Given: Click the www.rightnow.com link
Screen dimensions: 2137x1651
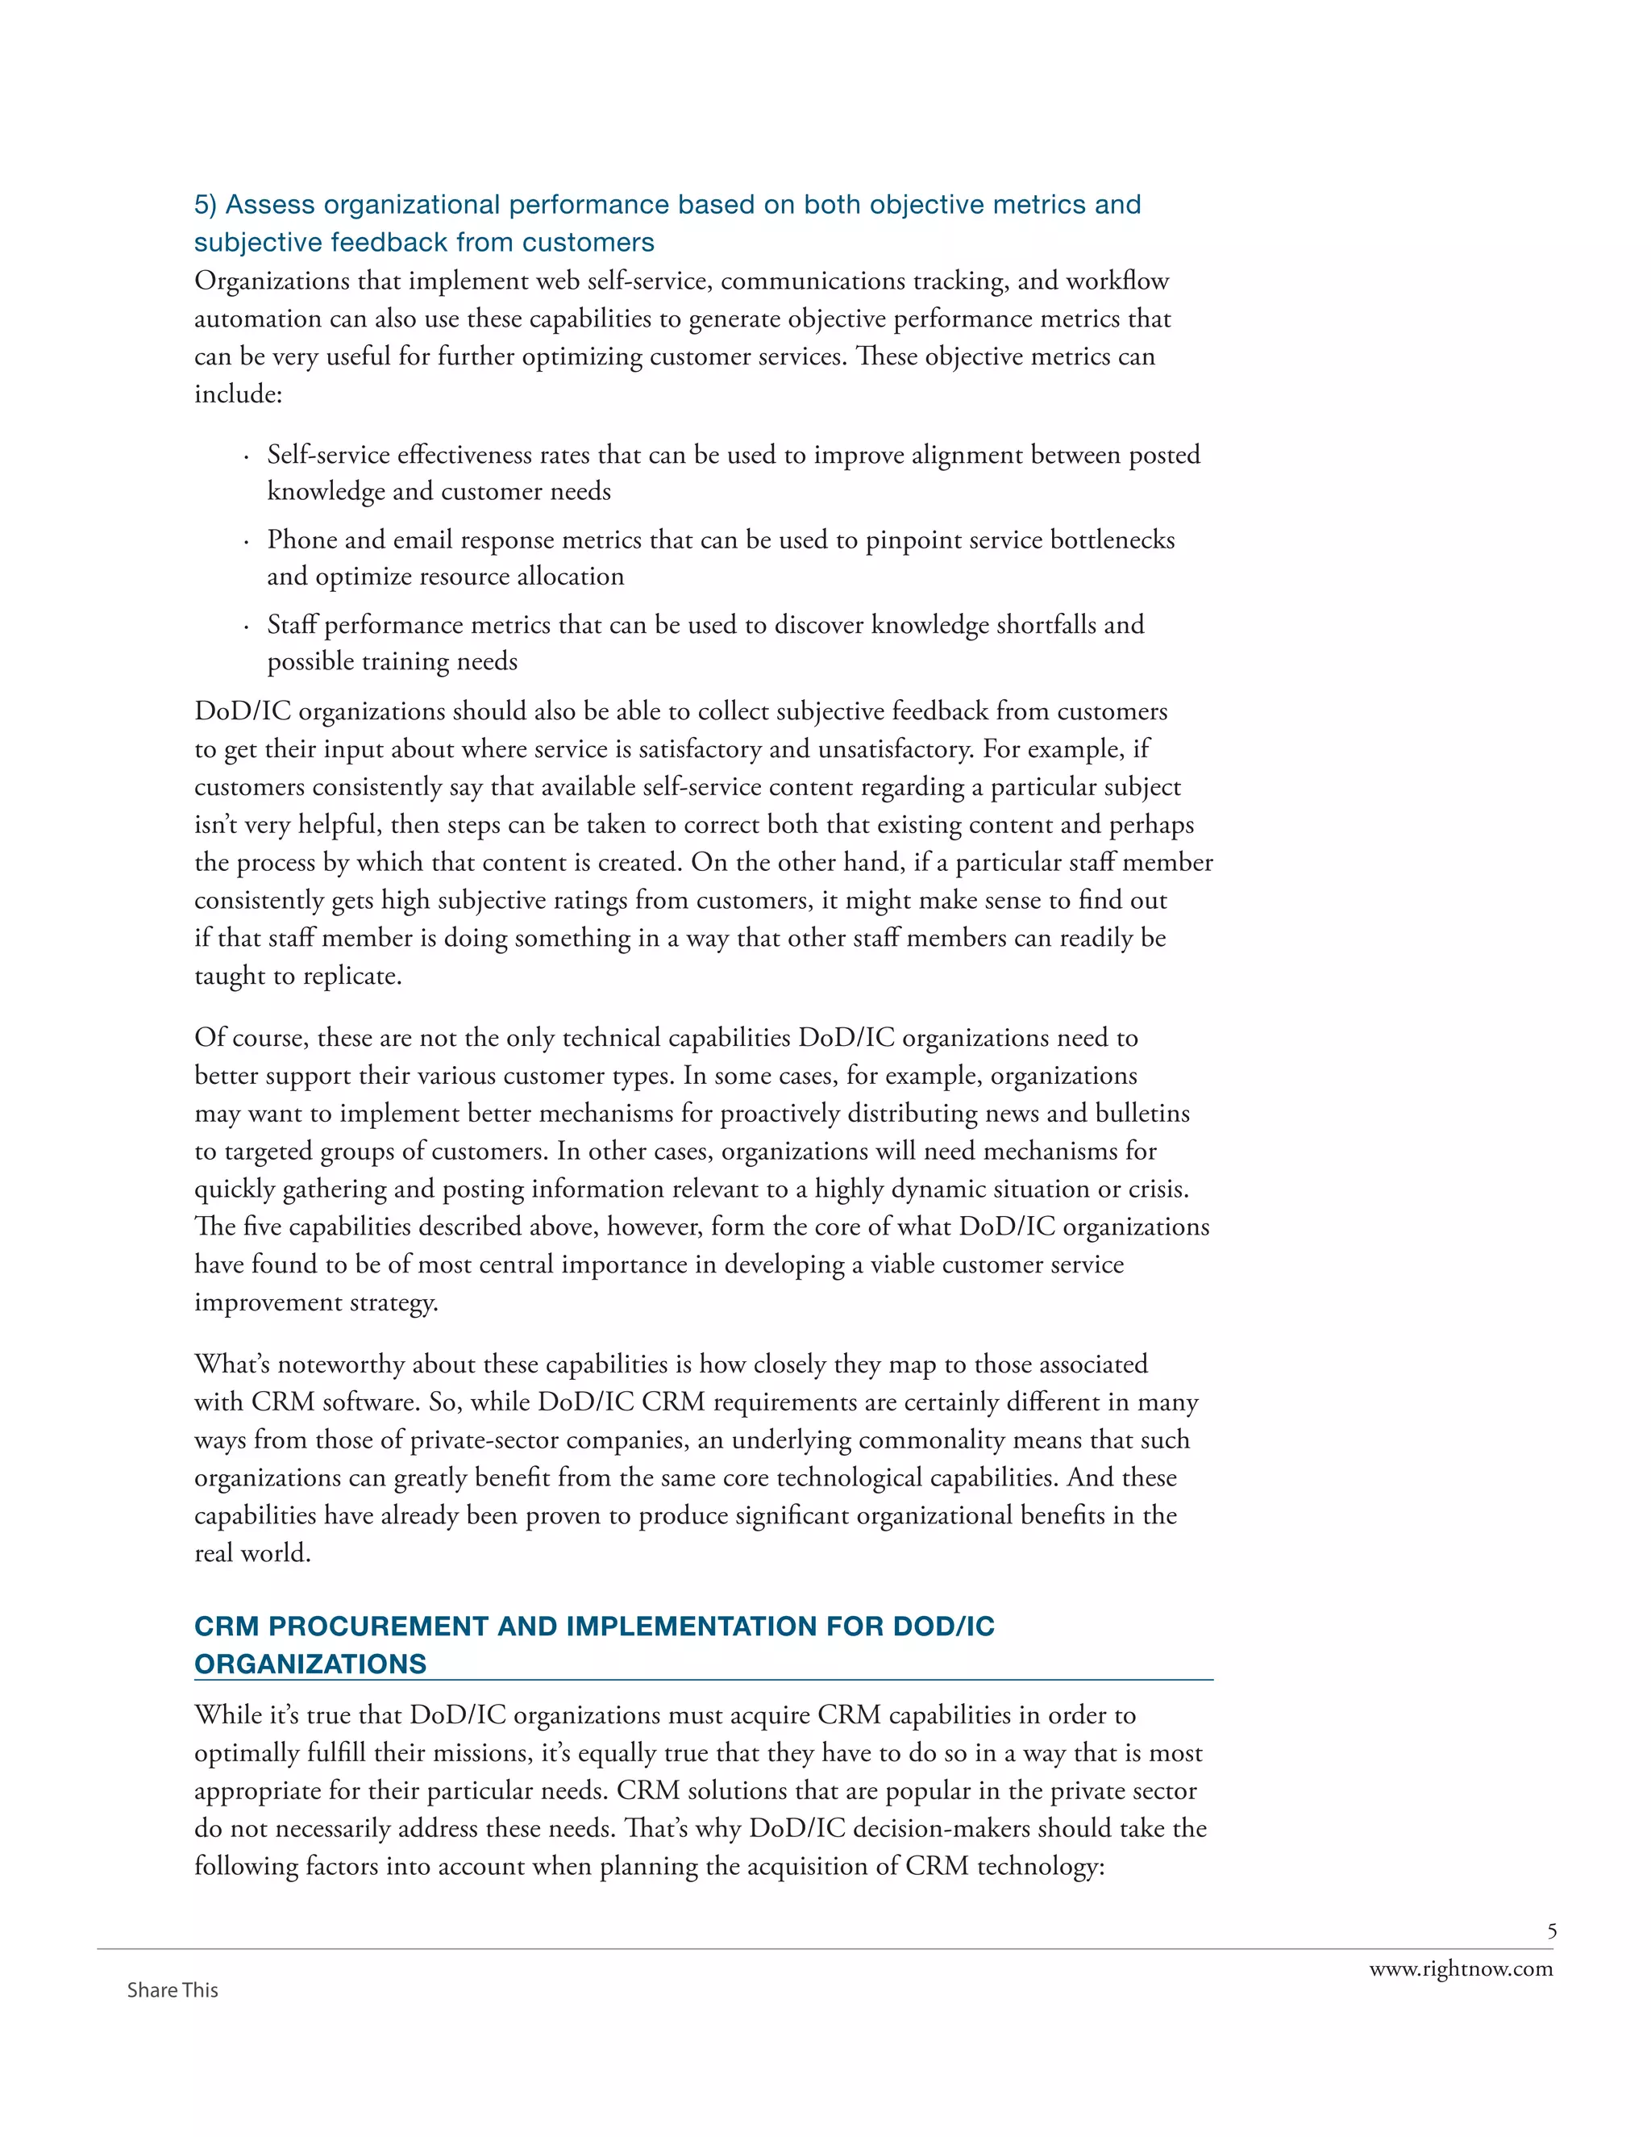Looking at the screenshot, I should (1460, 1968).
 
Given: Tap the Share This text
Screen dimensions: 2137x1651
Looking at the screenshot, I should (173, 1990).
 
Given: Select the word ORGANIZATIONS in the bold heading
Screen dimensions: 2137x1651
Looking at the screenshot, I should (310, 1664).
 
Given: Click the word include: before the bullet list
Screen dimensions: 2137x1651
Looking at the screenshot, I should (238, 394).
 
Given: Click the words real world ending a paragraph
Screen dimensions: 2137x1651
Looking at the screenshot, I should (252, 1553).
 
